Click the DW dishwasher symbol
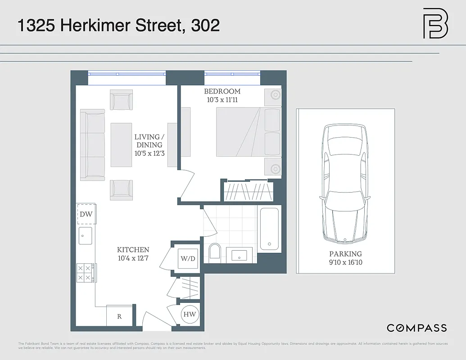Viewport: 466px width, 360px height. pos(86,214)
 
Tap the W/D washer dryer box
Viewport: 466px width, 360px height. pos(188,259)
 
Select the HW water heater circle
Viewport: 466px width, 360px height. pos(190,315)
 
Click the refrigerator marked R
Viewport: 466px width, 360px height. pos(119,316)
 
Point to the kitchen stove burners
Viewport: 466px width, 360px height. pos(86,273)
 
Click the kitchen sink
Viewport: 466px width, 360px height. pos(85,235)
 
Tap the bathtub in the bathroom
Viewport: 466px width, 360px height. pos(269,228)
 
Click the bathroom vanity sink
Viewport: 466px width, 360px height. pos(239,255)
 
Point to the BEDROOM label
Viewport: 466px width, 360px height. pos(222,91)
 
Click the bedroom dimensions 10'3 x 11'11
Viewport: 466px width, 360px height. pos(222,100)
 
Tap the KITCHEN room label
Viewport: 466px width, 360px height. pos(133,250)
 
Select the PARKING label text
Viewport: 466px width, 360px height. pos(345,254)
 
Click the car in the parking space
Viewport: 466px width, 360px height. pos(345,184)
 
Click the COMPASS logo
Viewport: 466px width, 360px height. pos(417,328)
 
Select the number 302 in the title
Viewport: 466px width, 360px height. pos(205,25)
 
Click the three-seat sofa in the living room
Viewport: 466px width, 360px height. pos(92,144)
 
